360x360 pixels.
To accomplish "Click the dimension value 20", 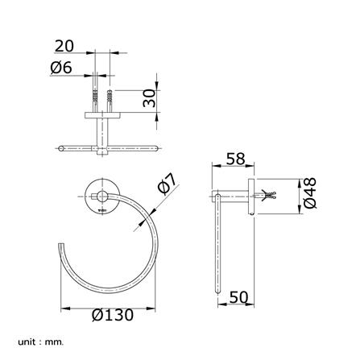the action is pos(64,46).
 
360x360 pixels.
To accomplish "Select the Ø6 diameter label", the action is pos(61,68).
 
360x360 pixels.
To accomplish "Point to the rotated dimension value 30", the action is pos(149,98).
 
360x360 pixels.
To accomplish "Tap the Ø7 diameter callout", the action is pos(168,184).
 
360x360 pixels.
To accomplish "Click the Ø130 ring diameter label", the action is pos(113,315).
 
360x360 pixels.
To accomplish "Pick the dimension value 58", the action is pos(235,159).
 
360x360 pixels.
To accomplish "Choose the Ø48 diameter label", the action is pos(310,192).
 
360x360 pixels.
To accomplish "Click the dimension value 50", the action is pos(238,297).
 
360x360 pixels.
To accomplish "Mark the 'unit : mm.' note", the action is pos(41,342).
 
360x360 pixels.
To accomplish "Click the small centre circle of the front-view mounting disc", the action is pos(102,197).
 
